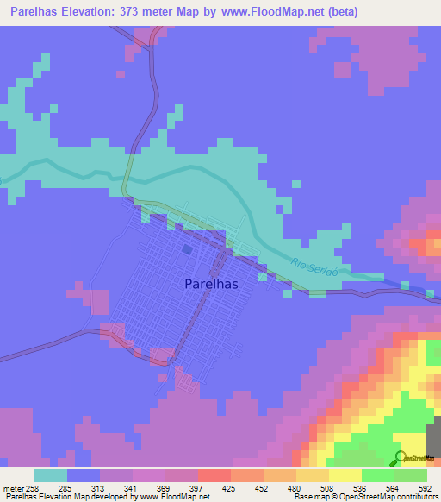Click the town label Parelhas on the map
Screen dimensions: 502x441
coord(211,283)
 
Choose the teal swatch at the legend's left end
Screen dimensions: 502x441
coord(51,475)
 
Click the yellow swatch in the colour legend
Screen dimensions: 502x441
coord(345,475)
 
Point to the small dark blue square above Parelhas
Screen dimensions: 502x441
coord(188,249)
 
